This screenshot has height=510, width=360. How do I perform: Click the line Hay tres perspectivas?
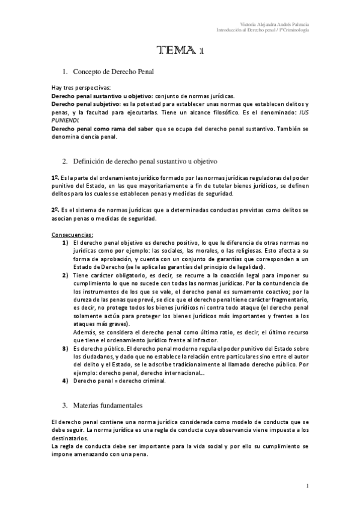pyautogui.click(x=81, y=88)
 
